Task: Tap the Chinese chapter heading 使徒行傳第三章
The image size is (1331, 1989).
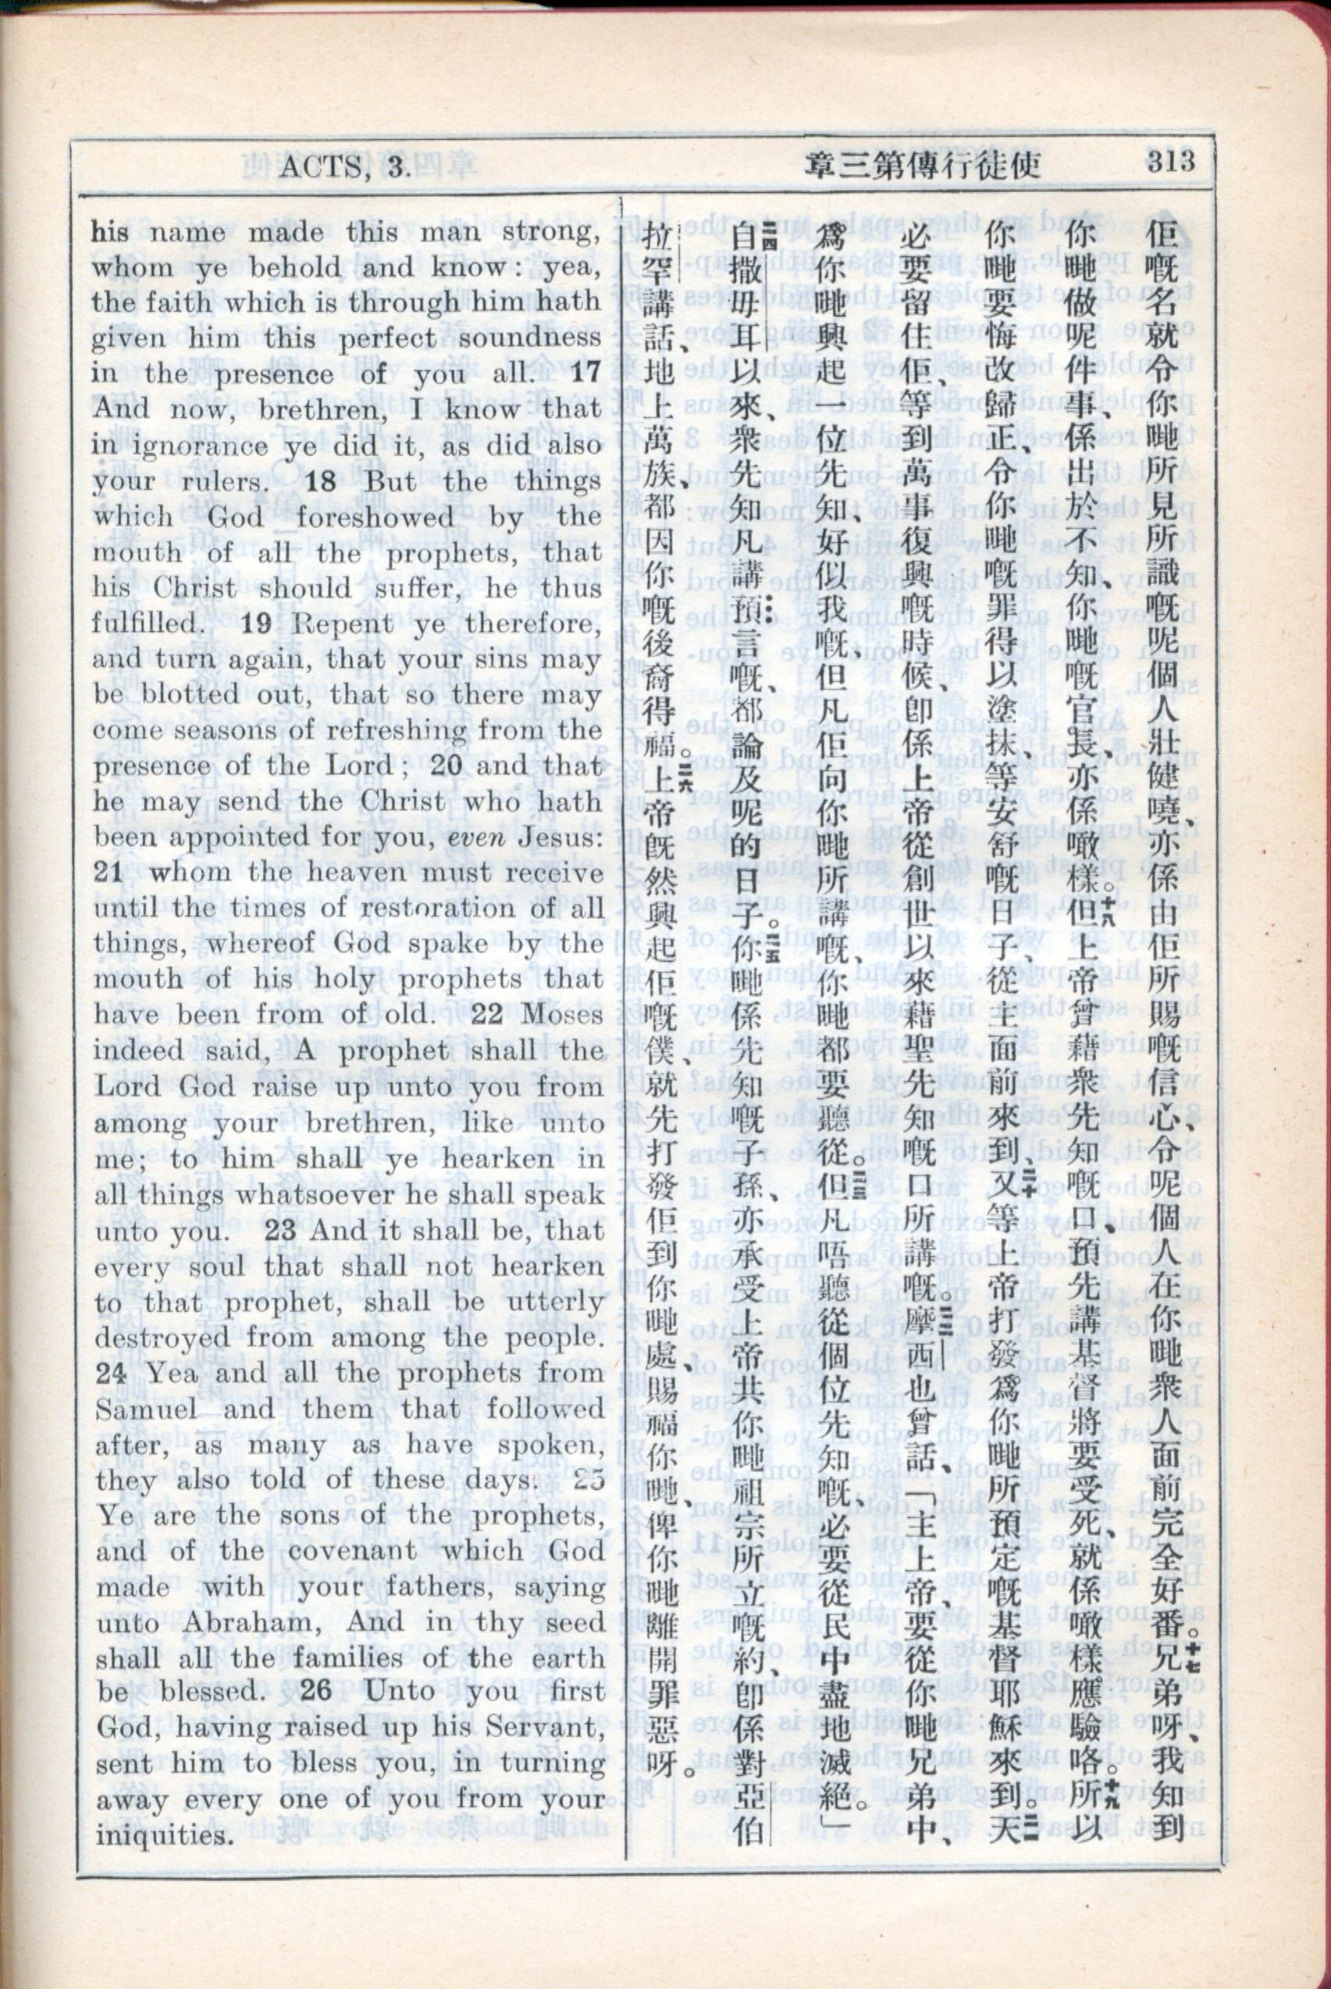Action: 924,164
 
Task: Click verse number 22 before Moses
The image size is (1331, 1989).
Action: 491,1015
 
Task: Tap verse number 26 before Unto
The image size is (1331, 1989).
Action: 315,1690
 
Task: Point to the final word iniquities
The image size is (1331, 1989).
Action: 162,1835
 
